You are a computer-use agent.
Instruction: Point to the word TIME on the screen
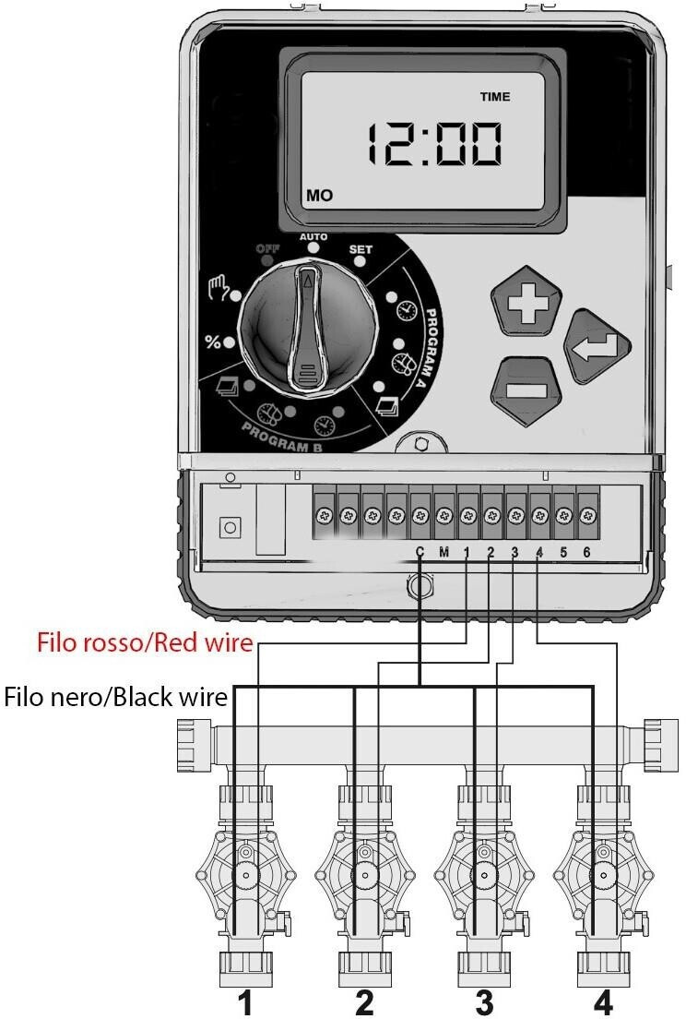[495, 97]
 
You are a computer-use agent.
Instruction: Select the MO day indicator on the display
[319, 196]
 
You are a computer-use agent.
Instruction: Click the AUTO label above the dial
[313, 237]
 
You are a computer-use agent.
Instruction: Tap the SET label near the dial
[361, 249]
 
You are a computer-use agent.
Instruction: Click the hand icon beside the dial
[218, 287]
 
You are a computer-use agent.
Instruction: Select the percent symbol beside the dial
[212, 342]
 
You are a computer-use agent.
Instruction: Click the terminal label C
[420, 552]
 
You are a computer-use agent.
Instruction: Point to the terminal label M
[444, 552]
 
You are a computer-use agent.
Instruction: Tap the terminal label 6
[586, 552]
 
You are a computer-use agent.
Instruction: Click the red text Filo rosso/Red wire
[145, 642]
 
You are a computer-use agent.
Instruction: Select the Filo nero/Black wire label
[116, 697]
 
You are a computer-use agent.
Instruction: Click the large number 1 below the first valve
[245, 1002]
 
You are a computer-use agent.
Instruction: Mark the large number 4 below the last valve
[603, 1002]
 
